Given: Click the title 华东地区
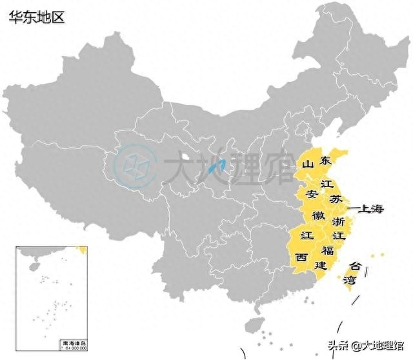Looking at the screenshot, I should coord(37,17).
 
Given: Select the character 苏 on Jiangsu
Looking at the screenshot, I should coord(336,199).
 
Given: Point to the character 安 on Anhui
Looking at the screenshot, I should coord(312,194).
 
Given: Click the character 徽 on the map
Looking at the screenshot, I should coord(319,214).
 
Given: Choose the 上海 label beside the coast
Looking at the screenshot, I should coord(370,209).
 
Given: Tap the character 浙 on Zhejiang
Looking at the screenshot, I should coord(337,222).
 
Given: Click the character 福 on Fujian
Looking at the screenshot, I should coord(328,250).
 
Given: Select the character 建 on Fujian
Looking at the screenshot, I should coord(321,265).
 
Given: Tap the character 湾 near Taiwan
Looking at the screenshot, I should coord(350,280).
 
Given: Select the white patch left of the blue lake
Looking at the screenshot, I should coord(186,157).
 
